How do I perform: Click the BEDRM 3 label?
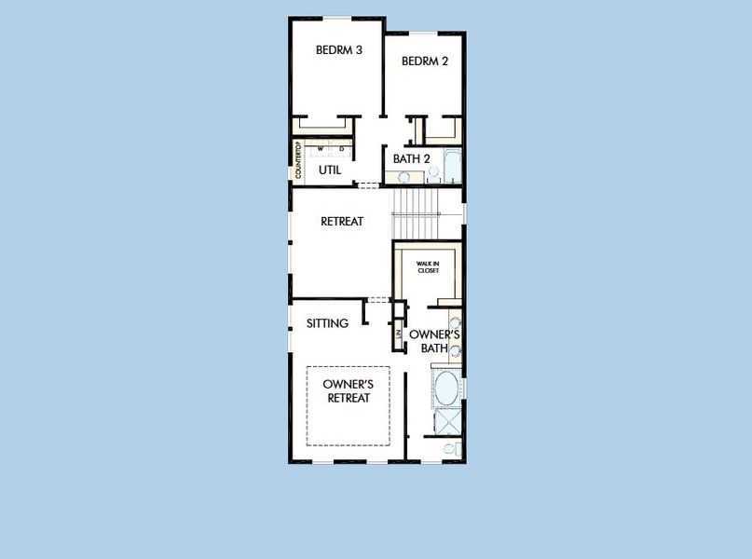pos(338,50)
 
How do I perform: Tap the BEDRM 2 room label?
pos(425,61)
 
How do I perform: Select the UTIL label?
pos(330,170)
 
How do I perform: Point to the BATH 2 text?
pos(411,159)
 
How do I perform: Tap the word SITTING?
pos(328,323)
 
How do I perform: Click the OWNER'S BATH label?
pos(434,341)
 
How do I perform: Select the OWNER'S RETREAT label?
pos(349,391)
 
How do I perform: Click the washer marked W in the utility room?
pos(320,149)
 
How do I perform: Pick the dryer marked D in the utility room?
pos(341,149)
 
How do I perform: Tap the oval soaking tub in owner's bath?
pos(446,388)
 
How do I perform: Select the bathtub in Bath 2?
pos(453,166)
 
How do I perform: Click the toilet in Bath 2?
pos(433,172)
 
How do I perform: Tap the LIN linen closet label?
pos(398,334)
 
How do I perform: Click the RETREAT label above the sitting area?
pos(341,222)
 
